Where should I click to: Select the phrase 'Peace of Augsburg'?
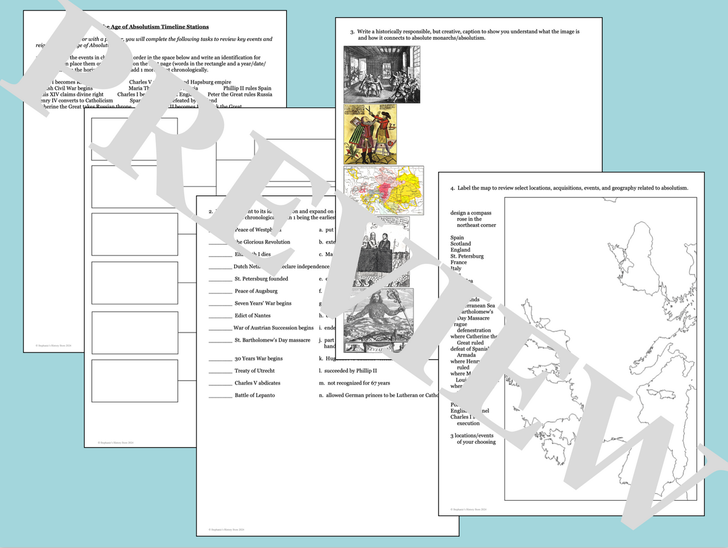point(256,291)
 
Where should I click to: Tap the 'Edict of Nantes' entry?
point(253,316)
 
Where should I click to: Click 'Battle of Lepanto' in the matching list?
point(254,395)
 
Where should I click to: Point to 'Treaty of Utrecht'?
point(254,371)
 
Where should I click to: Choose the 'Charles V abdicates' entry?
point(257,383)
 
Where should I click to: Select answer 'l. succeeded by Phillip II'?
point(348,371)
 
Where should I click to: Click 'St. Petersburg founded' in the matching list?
point(261,279)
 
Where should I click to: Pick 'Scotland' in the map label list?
point(461,244)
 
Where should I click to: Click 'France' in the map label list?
point(458,262)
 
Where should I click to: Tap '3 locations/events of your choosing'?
point(473,439)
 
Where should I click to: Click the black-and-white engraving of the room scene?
point(382,75)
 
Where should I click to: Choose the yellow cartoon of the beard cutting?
point(370,135)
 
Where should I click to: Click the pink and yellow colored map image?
point(384,190)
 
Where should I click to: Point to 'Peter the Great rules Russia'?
point(239,94)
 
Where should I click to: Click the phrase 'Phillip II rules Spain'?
point(247,88)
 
